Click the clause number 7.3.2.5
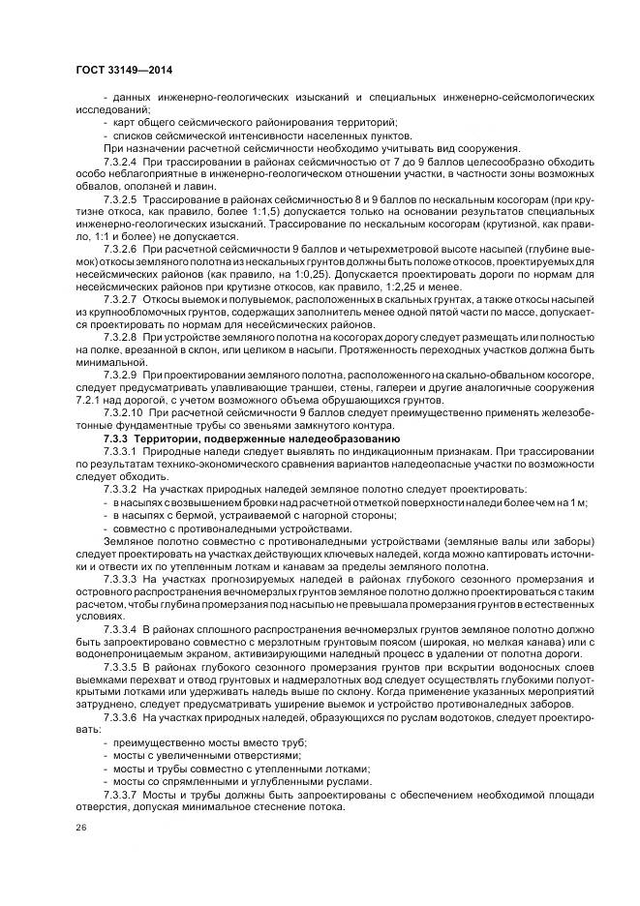[x=121, y=197]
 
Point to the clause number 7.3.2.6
[x=121, y=249]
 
